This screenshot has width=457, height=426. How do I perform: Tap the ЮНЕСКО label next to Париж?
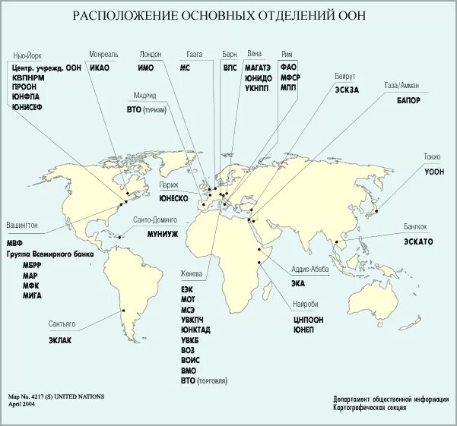pyautogui.click(x=173, y=197)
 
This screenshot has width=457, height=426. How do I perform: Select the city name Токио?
pyautogui.click(x=431, y=156)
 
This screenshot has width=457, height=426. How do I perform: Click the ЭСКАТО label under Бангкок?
pyautogui.click(x=417, y=241)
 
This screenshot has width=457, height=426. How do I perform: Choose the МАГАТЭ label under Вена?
pyautogui.click(x=258, y=68)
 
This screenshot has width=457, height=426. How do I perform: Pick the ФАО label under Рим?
pyautogui.click(x=289, y=68)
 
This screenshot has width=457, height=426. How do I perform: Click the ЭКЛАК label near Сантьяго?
pyautogui.click(x=60, y=339)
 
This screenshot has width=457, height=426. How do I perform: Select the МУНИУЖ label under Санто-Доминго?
pyautogui.click(x=163, y=233)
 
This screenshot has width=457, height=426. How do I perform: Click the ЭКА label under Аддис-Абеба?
pyautogui.click(x=297, y=284)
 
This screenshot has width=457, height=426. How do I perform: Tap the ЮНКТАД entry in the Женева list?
pyautogui.click(x=195, y=330)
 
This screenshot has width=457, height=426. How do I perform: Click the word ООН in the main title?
pyautogui.click(x=362, y=16)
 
